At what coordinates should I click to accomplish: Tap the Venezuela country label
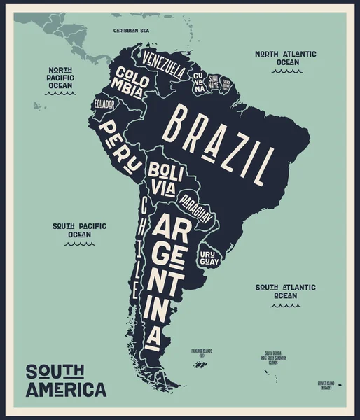(x=164, y=63)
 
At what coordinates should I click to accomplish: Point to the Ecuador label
(x=104, y=105)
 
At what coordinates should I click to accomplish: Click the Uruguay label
(x=209, y=257)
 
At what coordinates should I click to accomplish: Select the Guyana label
(x=199, y=81)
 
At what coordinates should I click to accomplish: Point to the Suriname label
(x=214, y=83)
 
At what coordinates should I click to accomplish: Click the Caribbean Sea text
(x=131, y=31)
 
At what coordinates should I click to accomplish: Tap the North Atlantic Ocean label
(x=285, y=57)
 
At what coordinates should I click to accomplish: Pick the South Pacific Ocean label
(x=79, y=230)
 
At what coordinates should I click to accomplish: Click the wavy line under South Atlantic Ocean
(x=285, y=305)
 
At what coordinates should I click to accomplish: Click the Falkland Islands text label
(x=202, y=353)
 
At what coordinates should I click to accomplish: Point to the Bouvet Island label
(x=327, y=385)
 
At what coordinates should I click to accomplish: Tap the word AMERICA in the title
(x=66, y=389)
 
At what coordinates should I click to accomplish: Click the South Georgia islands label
(x=272, y=357)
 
